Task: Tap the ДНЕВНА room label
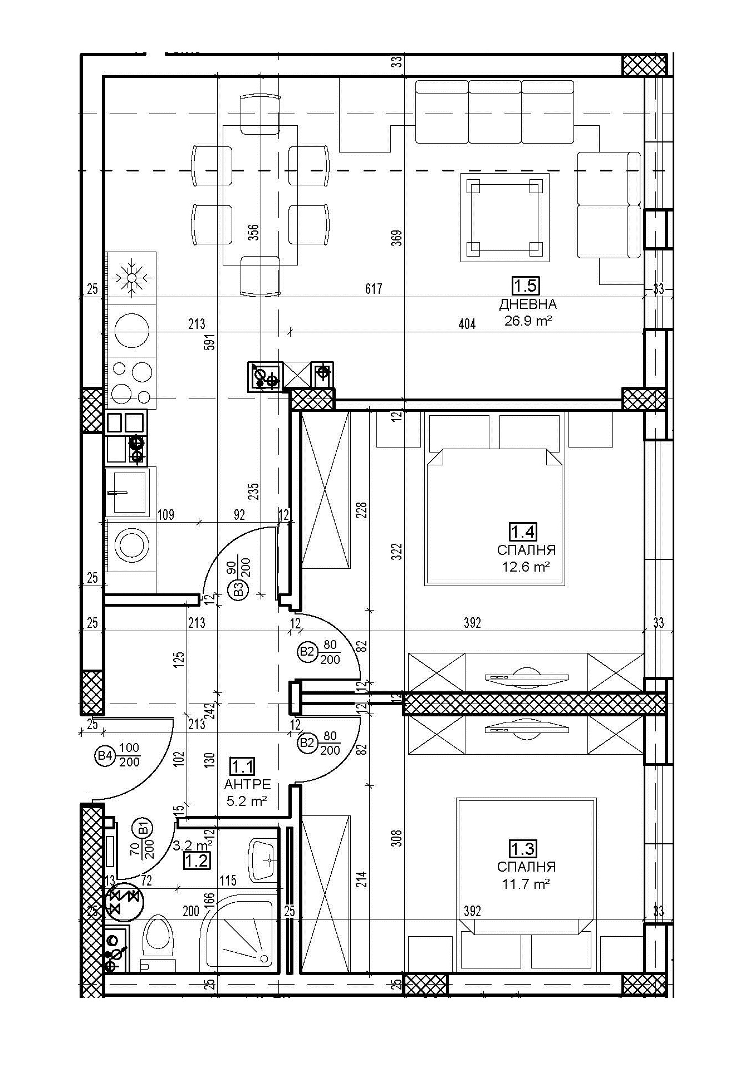click(528, 304)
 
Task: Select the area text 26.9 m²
click(528, 321)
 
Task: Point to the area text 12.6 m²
click(526, 567)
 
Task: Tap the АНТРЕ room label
click(248, 784)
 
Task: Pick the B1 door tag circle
click(143, 828)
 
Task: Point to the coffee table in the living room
click(505, 217)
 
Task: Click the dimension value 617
click(374, 289)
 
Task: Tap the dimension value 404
click(467, 324)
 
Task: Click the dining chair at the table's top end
click(259, 114)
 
